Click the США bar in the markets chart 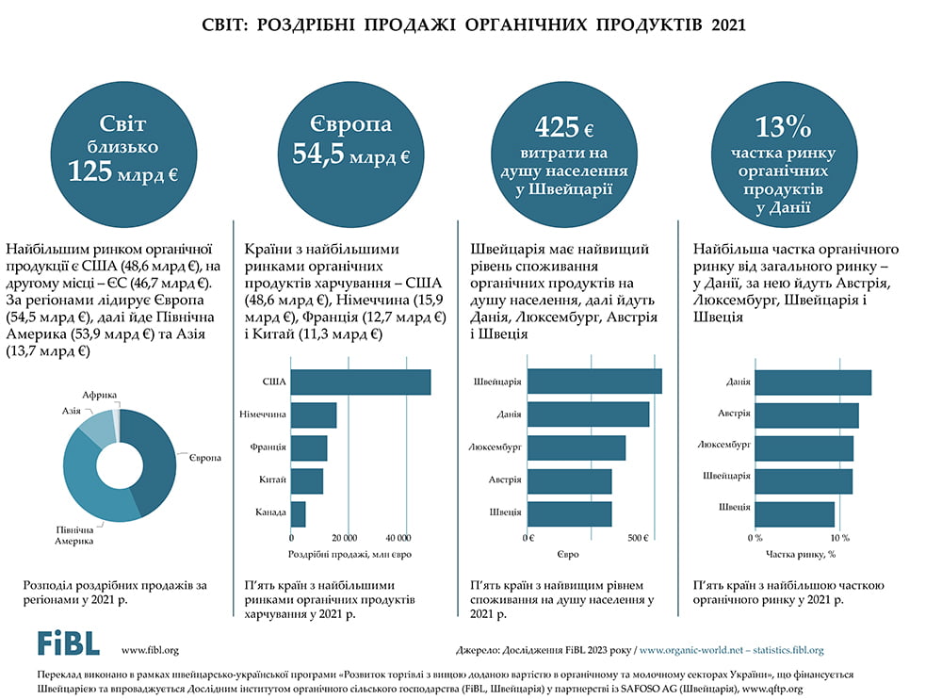360,382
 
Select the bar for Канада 298,513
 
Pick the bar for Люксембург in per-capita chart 575,447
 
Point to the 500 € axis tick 638,538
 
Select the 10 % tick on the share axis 839,538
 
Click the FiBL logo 68,642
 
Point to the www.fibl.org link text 150,649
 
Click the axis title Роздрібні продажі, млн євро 349,555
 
